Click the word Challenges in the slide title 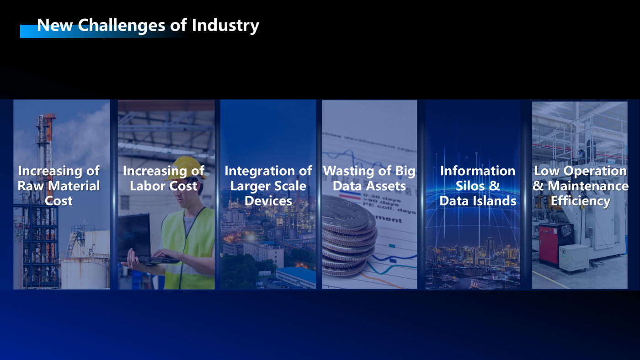coord(122,25)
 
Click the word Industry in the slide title coord(225,26)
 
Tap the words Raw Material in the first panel coord(59,186)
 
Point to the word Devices coord(268,201)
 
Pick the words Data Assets coord(369,186)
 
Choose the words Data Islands coord(478,201)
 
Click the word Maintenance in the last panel coord(588,186)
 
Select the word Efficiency coord(580,201)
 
